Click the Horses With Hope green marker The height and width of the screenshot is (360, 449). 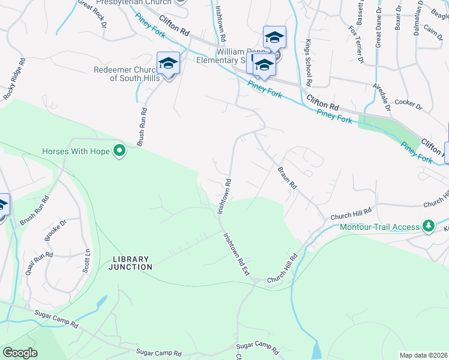[119, 151]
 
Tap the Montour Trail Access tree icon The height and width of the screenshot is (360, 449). [428, 226]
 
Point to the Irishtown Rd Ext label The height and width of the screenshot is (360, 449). [237, 254]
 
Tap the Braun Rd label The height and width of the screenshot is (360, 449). [288, 178]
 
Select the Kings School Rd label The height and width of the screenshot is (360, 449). [308, 63]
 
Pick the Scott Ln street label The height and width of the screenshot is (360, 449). [88, 260]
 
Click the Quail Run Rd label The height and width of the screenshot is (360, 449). [31, 263]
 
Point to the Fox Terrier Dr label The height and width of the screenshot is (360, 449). [357, 44]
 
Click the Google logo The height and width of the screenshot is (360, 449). [20, 353]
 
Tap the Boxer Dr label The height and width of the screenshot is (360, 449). [397, 30]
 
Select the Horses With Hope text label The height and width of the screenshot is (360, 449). [76, 151]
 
